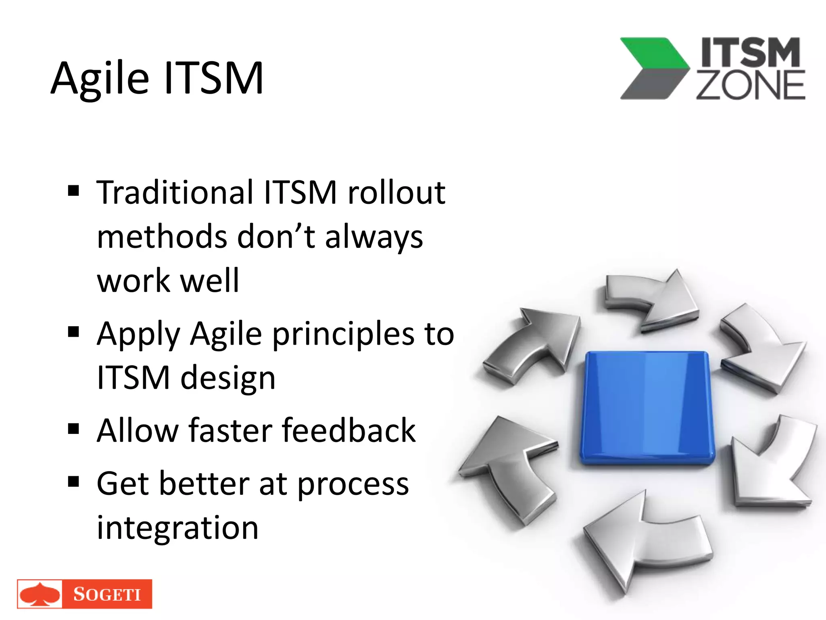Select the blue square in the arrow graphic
(647, 408)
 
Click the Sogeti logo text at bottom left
(107, 594)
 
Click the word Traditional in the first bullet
(175, 193)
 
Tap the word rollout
(396, 193)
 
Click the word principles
(343, 334)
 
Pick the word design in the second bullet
(228, 378)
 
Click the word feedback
(348, 431)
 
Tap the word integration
(177, 528)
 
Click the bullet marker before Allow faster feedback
(73, 429)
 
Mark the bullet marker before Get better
(73, 481)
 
